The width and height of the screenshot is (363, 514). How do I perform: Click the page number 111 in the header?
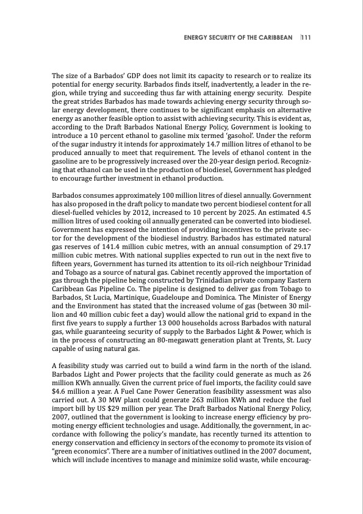pos(306,37)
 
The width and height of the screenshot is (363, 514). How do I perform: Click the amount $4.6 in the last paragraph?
pos(61,375)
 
